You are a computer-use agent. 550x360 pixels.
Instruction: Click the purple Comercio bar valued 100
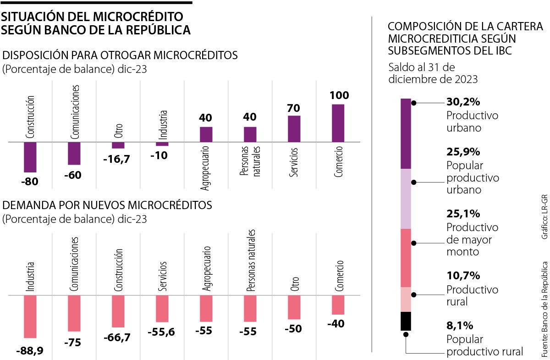pos(338,123)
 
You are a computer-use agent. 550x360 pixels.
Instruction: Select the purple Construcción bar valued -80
pos(30,157)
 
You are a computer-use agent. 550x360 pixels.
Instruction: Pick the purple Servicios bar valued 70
pos(294,128)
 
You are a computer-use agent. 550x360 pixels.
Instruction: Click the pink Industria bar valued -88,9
pos(30,316)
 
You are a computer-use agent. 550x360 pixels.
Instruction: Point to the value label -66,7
pos(118,337)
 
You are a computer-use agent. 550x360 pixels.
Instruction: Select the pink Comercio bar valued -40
pos(338,305)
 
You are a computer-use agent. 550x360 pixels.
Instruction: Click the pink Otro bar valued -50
pos(294,307)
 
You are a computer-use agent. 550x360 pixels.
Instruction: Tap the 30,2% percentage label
pos(462,102)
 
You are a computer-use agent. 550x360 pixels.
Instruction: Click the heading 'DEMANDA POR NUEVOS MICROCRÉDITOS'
pos(107,205)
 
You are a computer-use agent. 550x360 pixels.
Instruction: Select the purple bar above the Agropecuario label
pos(206,134)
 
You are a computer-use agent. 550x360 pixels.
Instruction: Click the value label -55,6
pos(162,332)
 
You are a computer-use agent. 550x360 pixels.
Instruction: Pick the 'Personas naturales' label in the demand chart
pos(250,261)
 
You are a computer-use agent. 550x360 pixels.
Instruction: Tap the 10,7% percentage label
pos(462,276)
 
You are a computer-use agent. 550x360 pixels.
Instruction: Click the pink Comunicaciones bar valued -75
pos(74,313)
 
